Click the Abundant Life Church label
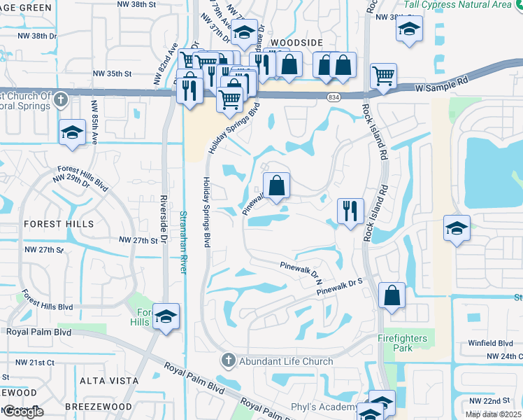[285, 361]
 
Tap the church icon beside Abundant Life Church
[227, 361]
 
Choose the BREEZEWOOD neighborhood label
[98, 407]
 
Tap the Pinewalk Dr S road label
[341, 286]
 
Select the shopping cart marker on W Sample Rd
[383, 76]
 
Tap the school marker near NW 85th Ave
[71, 134]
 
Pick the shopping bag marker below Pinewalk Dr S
[392, 295]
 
